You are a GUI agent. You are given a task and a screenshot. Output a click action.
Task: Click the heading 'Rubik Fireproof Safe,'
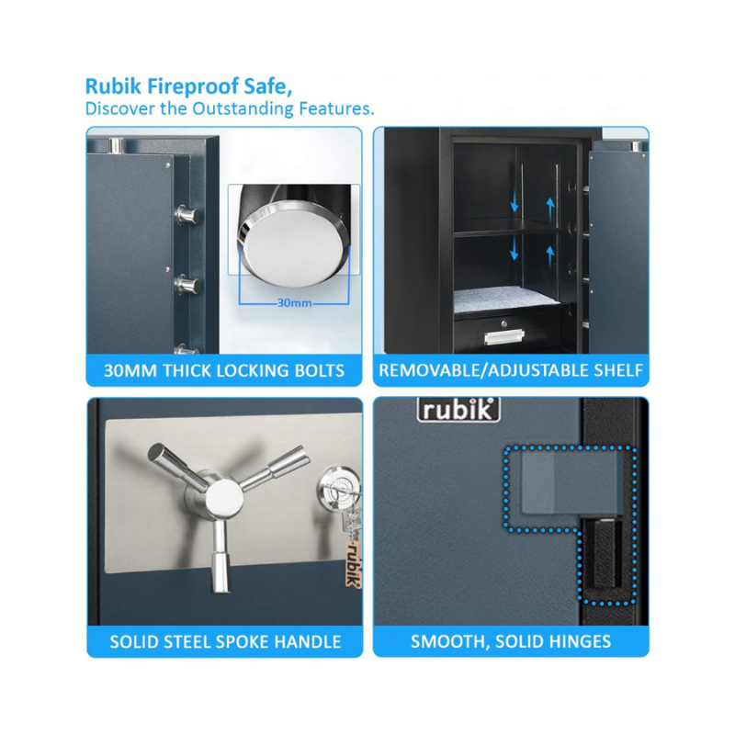[x=188, y=86]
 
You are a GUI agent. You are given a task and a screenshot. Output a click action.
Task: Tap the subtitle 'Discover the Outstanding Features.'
[x=230, y=108]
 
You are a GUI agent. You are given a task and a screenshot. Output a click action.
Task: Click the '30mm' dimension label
[x=294, y=303]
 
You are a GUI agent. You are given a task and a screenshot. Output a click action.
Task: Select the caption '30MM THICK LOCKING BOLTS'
[x=224, y=371]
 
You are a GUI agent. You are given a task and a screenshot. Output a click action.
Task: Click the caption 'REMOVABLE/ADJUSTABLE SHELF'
[x=511, y=370]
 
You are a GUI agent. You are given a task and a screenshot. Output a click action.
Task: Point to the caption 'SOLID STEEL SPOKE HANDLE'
[x=225, y=641]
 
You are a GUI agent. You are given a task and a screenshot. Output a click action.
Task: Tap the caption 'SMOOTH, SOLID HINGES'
[x=511, y=641]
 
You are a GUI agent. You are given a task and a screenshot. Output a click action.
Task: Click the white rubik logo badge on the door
[x=458, y=410]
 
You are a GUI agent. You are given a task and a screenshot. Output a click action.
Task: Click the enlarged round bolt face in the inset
[x=295, y=244]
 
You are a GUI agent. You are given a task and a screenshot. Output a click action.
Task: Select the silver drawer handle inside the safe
[x=503, y=336]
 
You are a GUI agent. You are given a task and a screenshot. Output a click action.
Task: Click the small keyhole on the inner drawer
[x=504, y=323]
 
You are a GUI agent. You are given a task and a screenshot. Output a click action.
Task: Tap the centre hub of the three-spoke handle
[x=224, y=496]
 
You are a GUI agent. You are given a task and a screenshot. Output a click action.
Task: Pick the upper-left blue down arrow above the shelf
[x=514, y=202]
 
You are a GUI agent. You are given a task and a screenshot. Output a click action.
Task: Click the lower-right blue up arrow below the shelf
[x=550, y=258]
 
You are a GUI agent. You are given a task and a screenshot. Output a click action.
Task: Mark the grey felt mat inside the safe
[x=506, y=300]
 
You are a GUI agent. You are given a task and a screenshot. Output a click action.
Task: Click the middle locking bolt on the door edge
[x=187, y=285]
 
